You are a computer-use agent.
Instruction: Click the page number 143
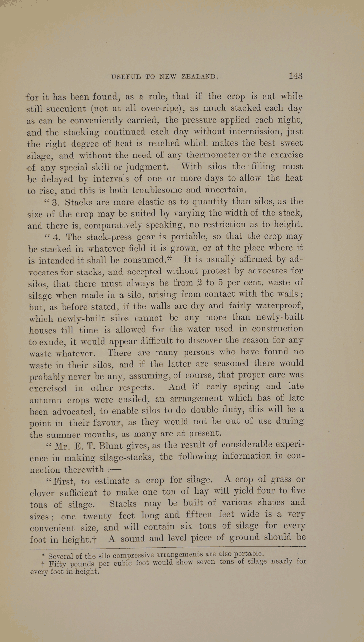coord(295,76)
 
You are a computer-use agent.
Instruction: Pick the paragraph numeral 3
coord(55,203)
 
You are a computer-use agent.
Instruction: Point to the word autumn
coord(45,400)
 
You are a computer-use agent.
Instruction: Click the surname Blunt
coord(106,446)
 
